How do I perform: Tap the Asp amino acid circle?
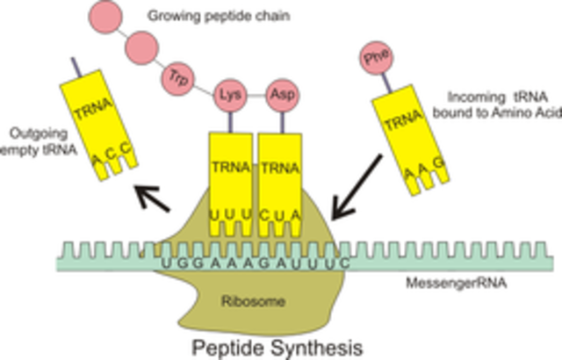pos(281,94)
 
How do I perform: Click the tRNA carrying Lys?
pos(229,176)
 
